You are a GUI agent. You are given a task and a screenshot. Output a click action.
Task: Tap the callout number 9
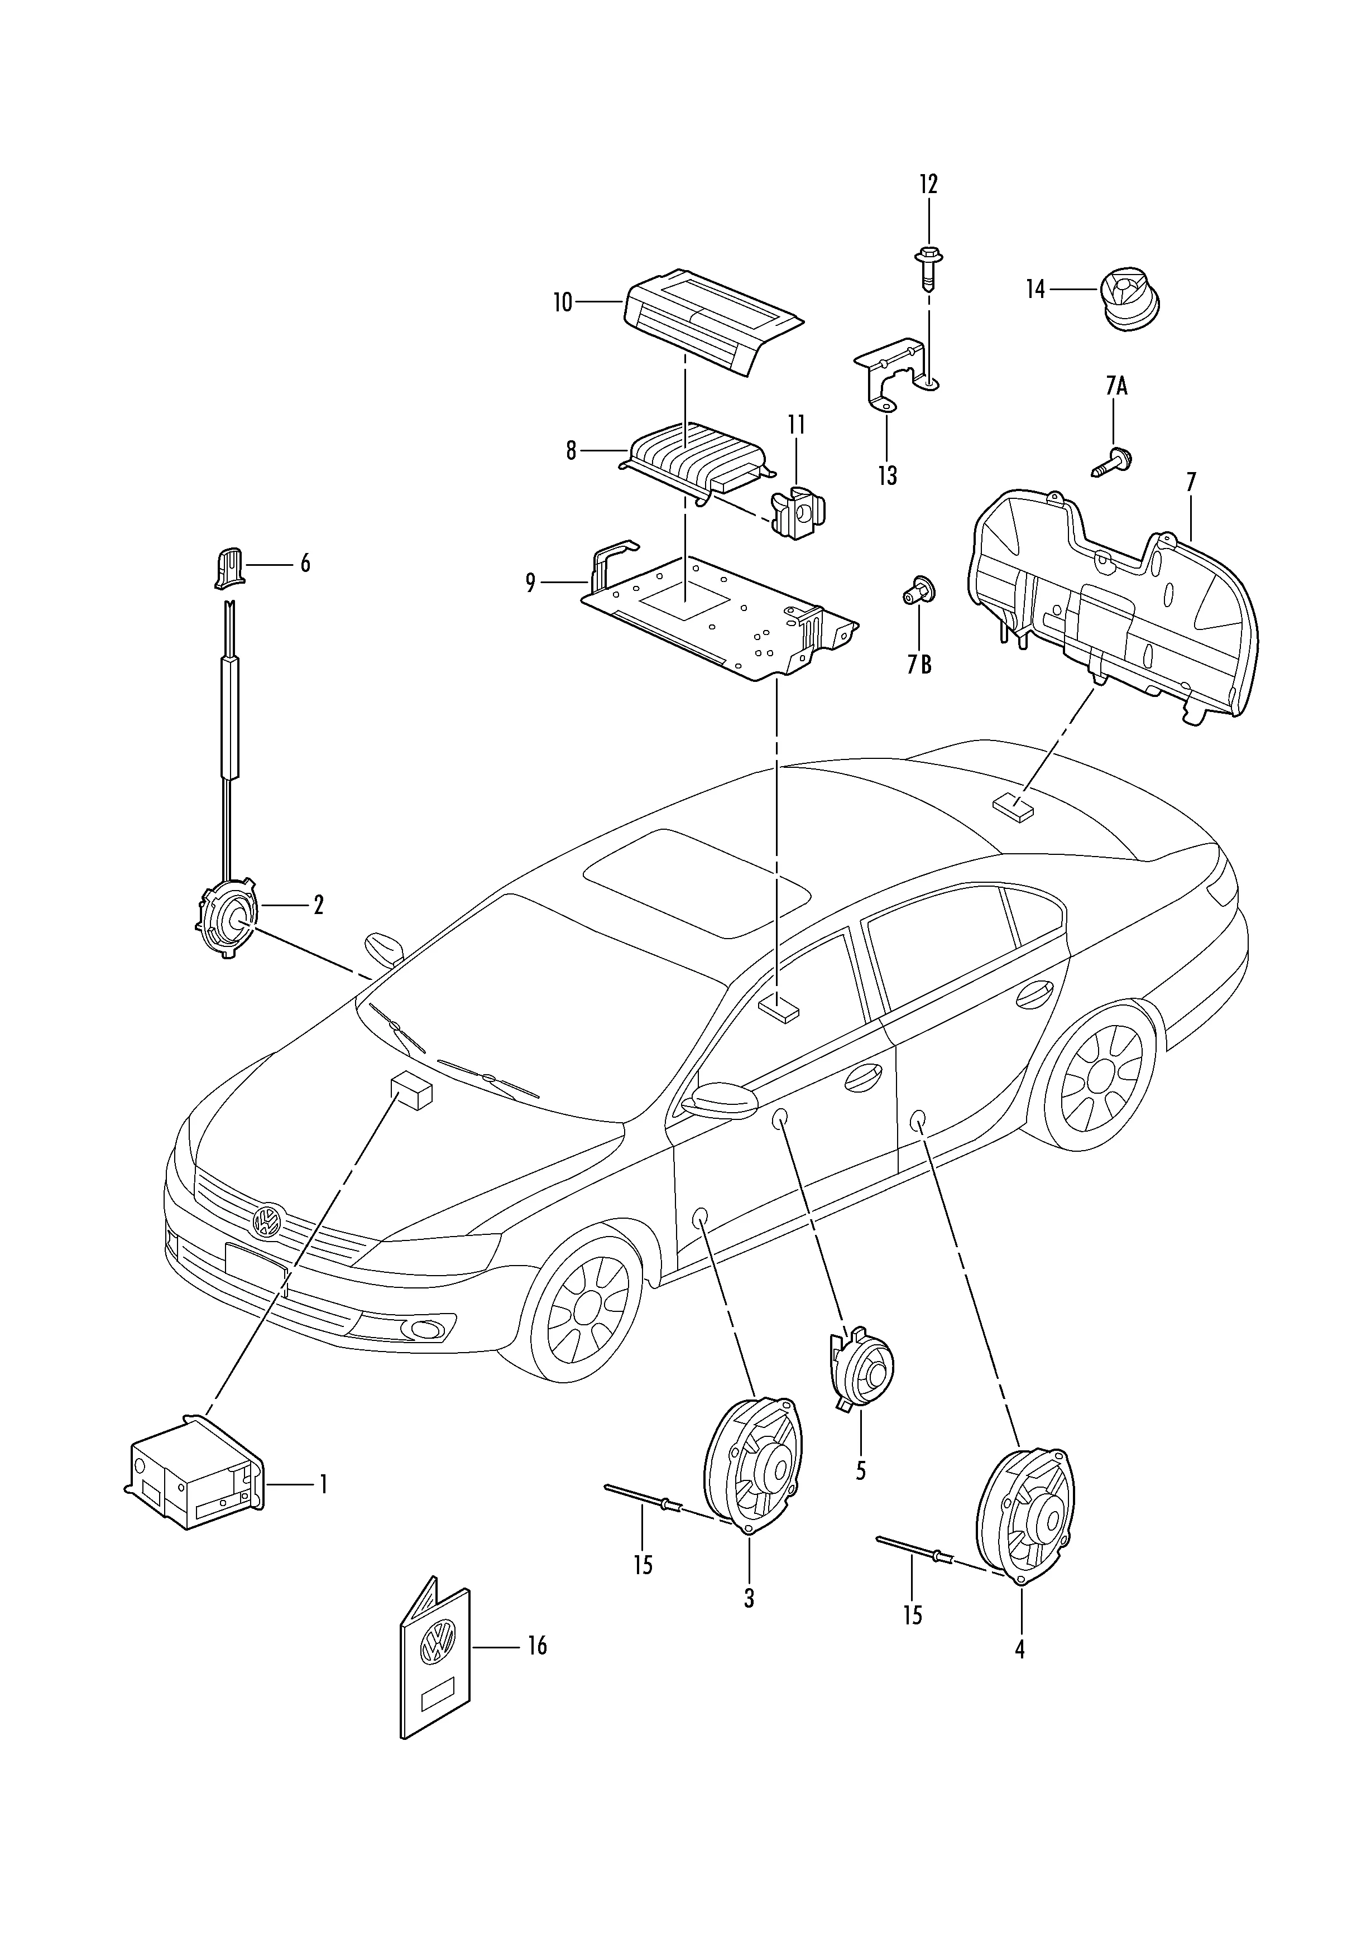pos(530,583)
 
